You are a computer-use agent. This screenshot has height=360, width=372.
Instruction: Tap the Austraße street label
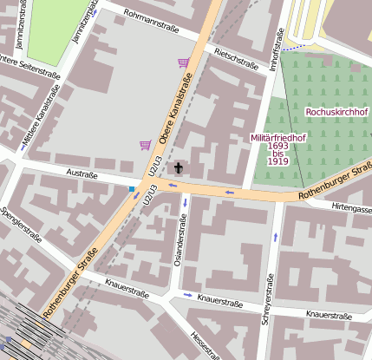coord(82,174)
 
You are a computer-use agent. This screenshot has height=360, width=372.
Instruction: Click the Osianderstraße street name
coord(182,239)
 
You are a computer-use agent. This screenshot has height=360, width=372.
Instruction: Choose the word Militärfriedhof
coord(278,138)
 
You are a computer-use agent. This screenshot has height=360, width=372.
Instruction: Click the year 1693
coord(278,146)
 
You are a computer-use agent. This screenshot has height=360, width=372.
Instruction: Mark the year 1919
coord(278,161)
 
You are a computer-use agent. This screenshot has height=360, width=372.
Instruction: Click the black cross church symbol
coord(179,167)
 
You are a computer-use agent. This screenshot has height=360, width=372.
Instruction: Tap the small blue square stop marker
coord(132,188)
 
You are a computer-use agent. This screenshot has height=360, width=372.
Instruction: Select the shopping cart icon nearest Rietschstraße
coord(183,62)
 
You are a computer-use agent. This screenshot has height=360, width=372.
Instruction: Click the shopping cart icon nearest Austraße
coord(145,145)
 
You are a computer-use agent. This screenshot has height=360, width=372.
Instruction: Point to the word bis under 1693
coord(278,154)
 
